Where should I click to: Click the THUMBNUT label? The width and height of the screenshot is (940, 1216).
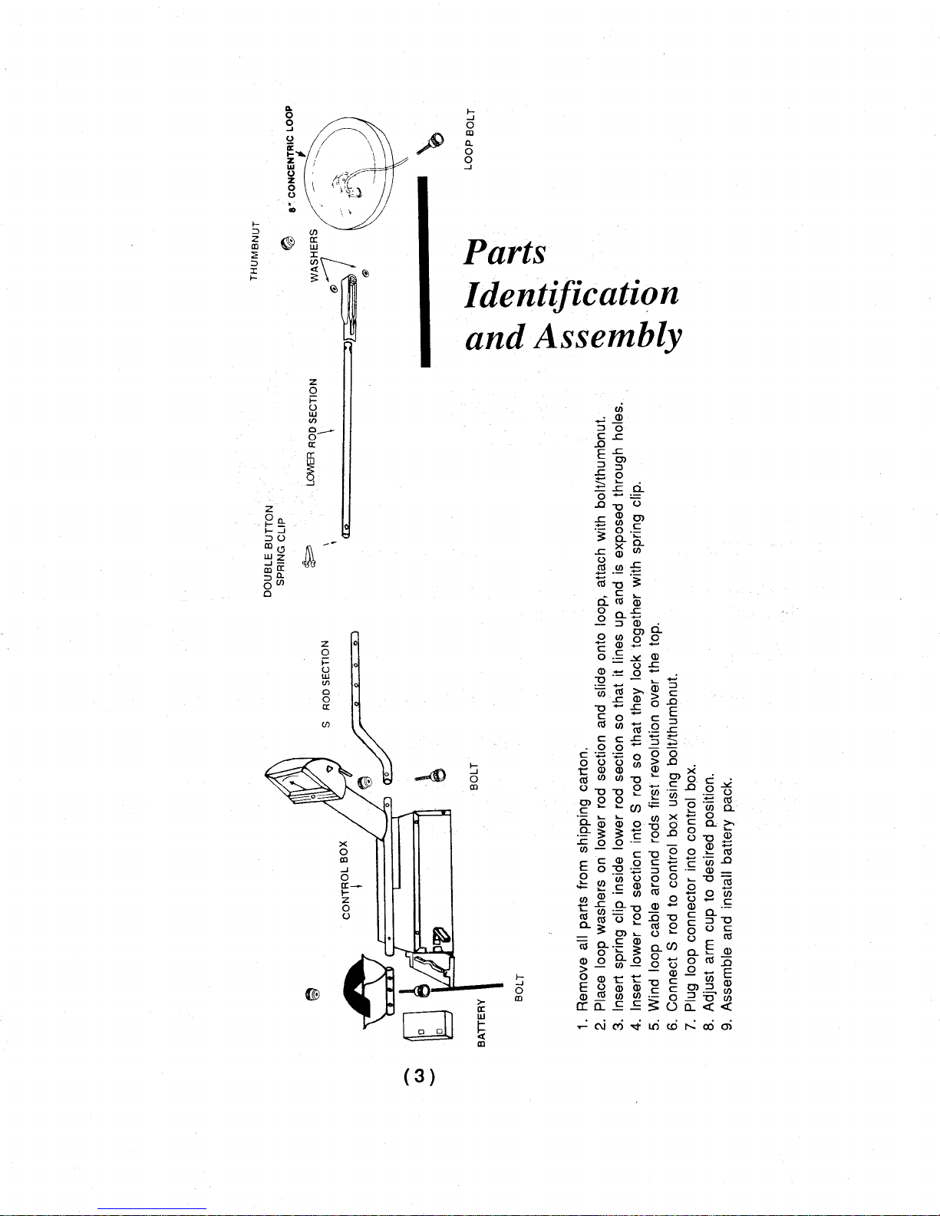click(x=255, y=251)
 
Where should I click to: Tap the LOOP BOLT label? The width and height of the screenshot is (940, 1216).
click(x=469, y=140)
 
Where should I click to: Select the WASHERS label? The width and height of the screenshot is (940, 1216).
click(x=315, y=255)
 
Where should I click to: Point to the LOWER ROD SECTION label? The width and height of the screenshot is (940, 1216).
click(x=312, y=432)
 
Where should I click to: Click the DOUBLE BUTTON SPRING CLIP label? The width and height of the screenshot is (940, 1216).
click(x=275, y=551)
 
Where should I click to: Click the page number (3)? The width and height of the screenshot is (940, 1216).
click(x=419, y=1076)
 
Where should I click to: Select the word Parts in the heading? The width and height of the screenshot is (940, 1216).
click(x=505, y=252)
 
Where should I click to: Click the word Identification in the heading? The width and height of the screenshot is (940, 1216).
click(x=572, y=294)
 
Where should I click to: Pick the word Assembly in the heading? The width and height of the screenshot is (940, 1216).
click(x=608, y=338)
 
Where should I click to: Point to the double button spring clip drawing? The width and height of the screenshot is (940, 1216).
click(x=308, y=557)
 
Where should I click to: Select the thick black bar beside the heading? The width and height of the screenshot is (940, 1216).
click(x=425, y=272)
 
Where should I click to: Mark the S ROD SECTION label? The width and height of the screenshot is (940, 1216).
click(x=325, y=684)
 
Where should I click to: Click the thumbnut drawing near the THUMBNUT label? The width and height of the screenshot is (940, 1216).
click(x=288, y=243)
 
